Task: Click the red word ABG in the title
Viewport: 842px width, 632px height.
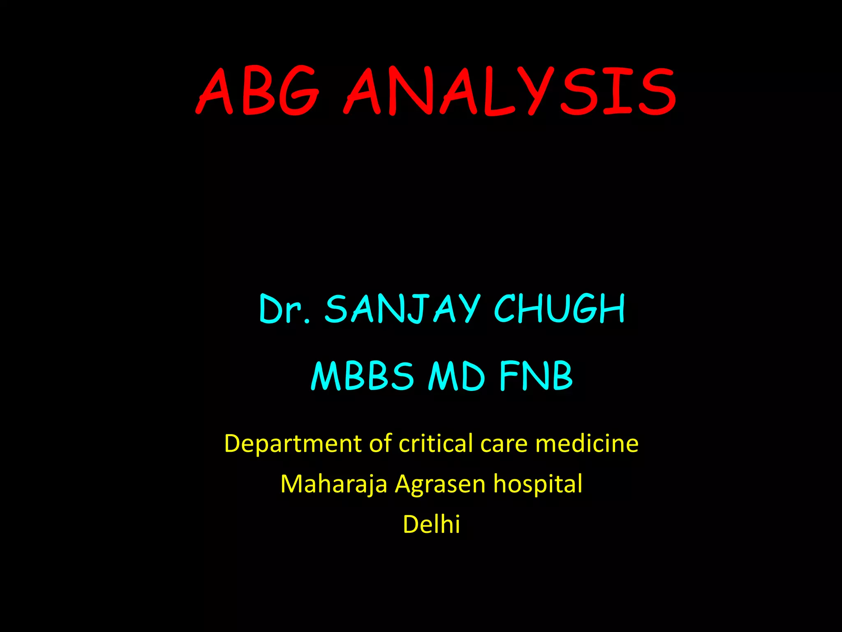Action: [x=258, y=91]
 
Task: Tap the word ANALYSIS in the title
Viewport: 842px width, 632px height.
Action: [x=510, y=91]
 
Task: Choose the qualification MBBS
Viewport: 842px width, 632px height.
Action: [x=362, y=376]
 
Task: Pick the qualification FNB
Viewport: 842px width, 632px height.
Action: [x=536, y=376]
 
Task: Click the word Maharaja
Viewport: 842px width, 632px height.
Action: [x=333, y=484]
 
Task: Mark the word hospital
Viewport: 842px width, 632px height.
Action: [x=538, y=484]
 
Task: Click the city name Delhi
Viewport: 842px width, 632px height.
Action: [x=431, y=524]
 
